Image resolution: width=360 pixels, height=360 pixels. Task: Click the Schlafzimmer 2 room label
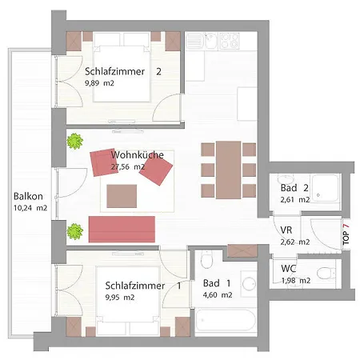[x=123, y=71]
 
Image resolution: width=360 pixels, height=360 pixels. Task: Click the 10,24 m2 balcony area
[x=30, y=207]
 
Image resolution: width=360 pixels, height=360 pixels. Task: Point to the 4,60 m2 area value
[x=217, y=294]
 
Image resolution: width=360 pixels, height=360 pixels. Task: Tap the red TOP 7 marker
[x=346, y=232]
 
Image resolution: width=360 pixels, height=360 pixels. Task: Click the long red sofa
[x=122, y=228]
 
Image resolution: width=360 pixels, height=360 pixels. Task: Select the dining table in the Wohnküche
[x=229, y=169]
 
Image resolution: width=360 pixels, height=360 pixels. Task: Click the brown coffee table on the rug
[x=122, y=194]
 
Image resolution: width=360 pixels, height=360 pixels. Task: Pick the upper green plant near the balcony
[x=74, y=141]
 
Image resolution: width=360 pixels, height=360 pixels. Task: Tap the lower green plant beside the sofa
[x=74, y=230]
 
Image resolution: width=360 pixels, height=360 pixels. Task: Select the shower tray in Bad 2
[x=326, y=189]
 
